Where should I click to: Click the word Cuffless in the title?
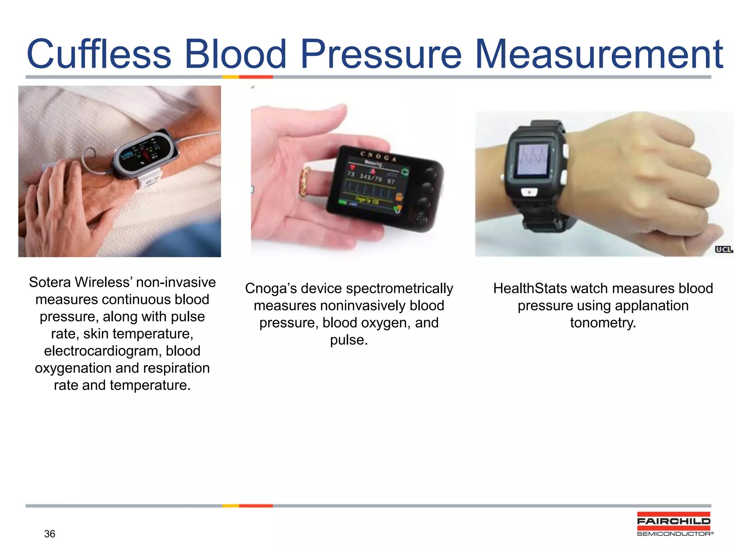pyautogui.click(x=99, y=55)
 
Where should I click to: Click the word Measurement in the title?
pyautogui.click(x=599, y=55)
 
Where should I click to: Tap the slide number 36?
pyautogui.click(x=50, y=534)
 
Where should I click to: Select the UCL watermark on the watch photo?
pyautogui.click(x=724, y=249)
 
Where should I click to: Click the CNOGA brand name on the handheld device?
pyautogui.click(x=378, y=157)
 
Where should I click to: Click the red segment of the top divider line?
pyautogui.click(x=256, y=77)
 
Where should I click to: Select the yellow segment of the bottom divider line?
pyautogui.click(x=230, y=506)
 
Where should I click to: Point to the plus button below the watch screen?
pyautogui.click(x=529, y=193)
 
